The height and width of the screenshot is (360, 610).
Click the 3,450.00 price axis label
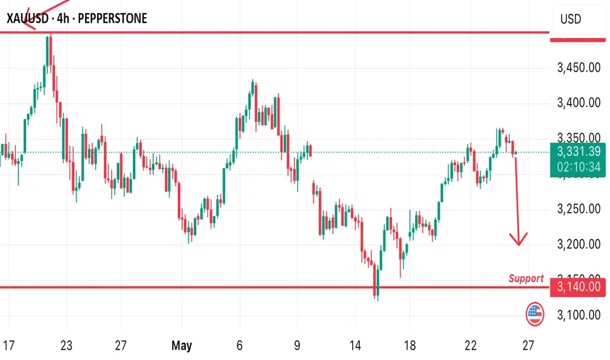[579, 67]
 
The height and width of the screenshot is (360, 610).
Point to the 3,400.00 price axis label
[579, 103]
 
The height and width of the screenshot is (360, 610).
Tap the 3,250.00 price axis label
[579, 209]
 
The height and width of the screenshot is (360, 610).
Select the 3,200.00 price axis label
[579, 245]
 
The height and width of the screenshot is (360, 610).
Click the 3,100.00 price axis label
[579, 315]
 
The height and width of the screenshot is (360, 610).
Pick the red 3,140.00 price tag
[579, 287]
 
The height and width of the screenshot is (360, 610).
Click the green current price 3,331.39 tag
[579, 152]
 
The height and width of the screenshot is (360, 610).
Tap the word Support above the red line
[526, 278]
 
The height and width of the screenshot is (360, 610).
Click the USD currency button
[571, 19]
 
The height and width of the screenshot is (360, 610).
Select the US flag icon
[535, 315]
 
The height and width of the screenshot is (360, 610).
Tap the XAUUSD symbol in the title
[30, 18]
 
